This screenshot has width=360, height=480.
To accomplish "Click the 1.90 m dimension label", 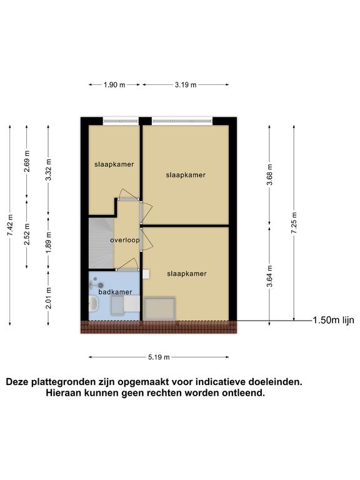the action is click(114, 85).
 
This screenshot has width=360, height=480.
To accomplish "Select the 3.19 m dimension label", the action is click(186, 85).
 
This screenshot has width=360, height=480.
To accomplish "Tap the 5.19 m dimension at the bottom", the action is click(159, 357).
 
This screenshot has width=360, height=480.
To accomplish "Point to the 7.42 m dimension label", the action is click(10, 225).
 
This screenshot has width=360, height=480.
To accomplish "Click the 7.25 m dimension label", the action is click(294, 223).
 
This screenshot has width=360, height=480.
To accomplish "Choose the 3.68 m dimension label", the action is click(269, 174).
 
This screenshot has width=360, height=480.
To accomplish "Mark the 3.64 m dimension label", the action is click(269, 276).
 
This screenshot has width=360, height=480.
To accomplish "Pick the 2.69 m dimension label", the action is click(27, 161).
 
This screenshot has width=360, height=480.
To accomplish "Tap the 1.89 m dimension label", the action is click(48, 242).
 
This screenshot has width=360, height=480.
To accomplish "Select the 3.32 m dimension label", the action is click(48, 169).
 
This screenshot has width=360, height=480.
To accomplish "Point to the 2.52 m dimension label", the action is click(27, 234).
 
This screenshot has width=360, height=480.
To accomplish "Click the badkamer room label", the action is click(115, 292).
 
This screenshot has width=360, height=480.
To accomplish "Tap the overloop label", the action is click(125, 240).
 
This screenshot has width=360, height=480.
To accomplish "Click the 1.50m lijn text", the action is click(333, 320).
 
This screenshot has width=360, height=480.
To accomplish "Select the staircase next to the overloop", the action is click(101, 243).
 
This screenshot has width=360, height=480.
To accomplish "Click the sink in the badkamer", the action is click(93, 304).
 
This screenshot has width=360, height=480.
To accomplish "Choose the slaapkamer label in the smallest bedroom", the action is click(114, 164).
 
